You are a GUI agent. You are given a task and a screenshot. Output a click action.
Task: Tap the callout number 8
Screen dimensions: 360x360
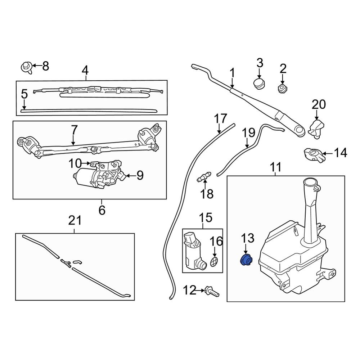point(45,66)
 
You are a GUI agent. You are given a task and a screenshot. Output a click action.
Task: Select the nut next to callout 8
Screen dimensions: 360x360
point(26,67)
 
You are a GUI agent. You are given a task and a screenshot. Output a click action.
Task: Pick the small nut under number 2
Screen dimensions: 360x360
point(282,88)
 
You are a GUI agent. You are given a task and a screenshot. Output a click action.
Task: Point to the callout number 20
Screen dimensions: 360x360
point(319,105)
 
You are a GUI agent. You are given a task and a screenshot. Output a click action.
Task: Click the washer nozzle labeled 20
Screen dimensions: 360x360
point(316,127)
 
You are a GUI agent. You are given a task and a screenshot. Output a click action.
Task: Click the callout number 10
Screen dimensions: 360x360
point(76,164)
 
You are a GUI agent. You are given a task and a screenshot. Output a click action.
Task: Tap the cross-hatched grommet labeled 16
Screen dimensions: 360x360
point(214,262)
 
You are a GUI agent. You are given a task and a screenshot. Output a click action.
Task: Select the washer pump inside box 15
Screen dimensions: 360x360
point(194,250)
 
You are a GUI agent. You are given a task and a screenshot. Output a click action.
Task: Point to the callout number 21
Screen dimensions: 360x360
point(75,220)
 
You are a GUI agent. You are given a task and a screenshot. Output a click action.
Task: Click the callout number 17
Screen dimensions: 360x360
point(221,118)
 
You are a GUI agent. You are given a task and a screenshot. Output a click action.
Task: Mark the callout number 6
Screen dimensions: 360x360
point(102,210)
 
